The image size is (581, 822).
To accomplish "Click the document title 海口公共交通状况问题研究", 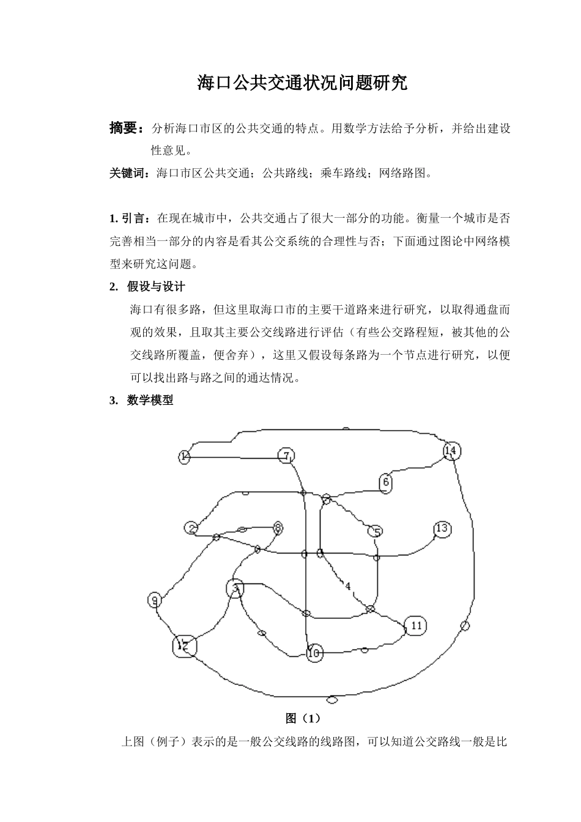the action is [302, 83].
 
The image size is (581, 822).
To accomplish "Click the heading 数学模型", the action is [150, 400].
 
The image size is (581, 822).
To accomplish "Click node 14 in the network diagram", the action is [451, 451].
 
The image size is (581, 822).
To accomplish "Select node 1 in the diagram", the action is [185, 456].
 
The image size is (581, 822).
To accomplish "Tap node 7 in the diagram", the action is [286, 456].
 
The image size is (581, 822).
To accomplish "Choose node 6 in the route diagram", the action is [385, 483].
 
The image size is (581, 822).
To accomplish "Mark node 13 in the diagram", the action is [442, 529].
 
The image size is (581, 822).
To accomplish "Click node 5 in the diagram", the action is [377, 531].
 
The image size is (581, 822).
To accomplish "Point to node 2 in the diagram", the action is [192, 528].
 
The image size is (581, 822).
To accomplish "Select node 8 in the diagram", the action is [278, 527].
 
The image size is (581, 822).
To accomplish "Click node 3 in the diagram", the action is [235, 588].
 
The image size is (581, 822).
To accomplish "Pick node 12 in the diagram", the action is [184, 645].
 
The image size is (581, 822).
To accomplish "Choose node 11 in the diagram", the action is [415, 626].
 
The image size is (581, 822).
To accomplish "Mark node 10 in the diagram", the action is [315, 653].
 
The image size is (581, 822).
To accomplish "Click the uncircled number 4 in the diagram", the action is [347, 586].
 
